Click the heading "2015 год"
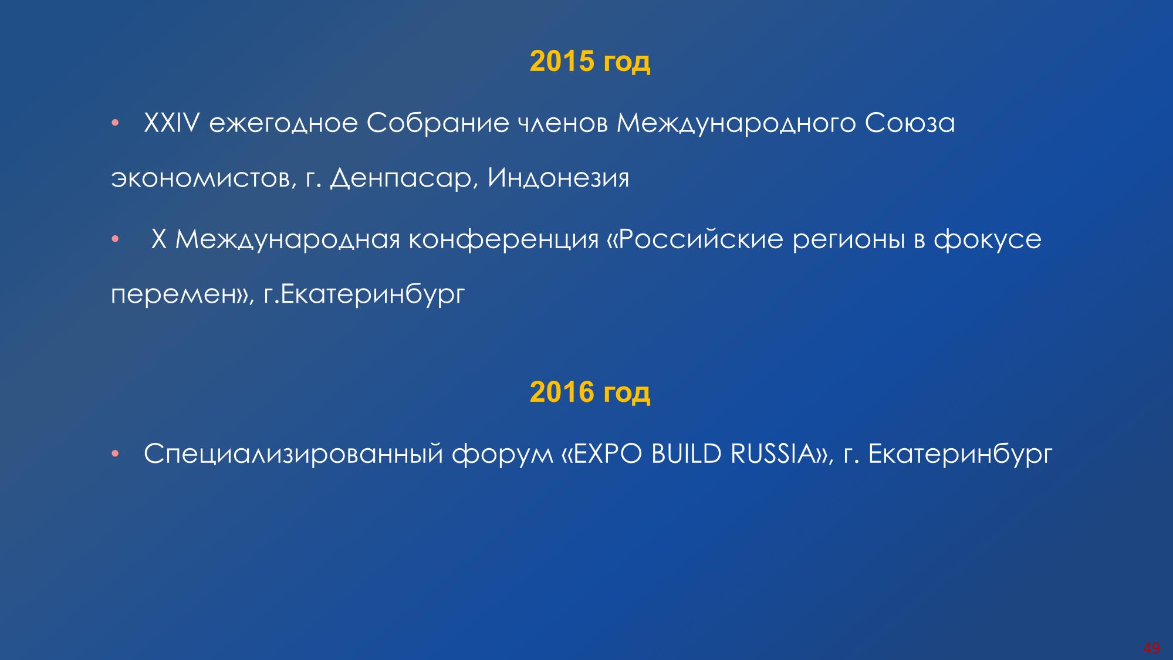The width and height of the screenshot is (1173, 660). (x=590, y=61)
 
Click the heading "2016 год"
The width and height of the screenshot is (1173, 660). (x=590, y=391)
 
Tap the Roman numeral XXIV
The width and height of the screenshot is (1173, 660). (x=173, y=123)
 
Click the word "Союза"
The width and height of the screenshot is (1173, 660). (x=910, y=124)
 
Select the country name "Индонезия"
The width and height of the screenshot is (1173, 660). (x=558, y=178)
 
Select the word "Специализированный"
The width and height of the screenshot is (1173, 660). (x=293, y=454)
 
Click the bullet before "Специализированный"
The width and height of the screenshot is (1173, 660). (x=116, y=454)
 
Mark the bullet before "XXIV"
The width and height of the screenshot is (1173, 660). (x=116, y=124)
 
